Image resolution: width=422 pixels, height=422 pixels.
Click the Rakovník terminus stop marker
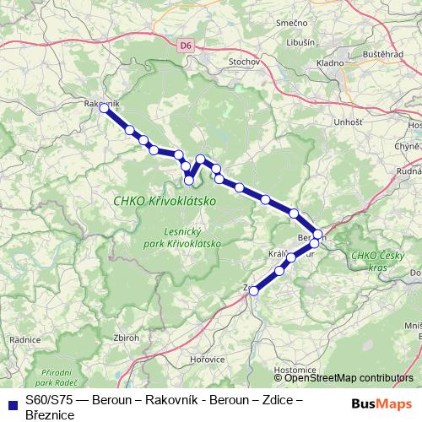tap(104, 108)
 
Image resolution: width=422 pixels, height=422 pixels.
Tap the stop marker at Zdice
tap(253, 290)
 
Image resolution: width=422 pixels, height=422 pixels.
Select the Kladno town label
tap(329, 62)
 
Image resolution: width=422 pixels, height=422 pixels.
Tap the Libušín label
tap(300, 42)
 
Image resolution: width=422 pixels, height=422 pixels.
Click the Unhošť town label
tap(325, 122)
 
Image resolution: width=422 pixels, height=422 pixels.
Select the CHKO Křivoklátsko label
tap(164, 201)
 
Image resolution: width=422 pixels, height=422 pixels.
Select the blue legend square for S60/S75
tap(12, 403)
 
